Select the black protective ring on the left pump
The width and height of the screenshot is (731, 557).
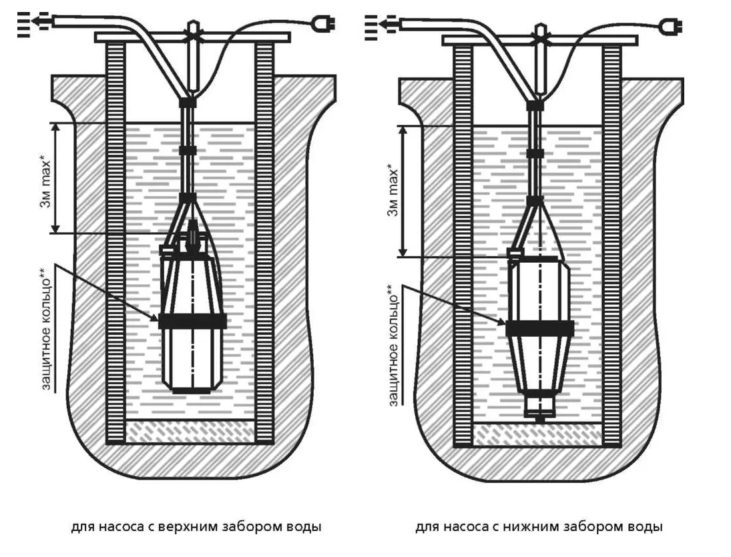click(x=192, y=320)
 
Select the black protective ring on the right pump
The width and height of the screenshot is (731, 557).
click(x=539, y=328)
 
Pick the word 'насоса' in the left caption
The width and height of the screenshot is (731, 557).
click(x=121, y=527)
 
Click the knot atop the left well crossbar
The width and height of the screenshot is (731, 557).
click(x=192, y=29)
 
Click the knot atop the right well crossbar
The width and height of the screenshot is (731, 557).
click(x=539, y=31)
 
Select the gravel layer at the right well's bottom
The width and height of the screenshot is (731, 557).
click(x=538, y=434)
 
